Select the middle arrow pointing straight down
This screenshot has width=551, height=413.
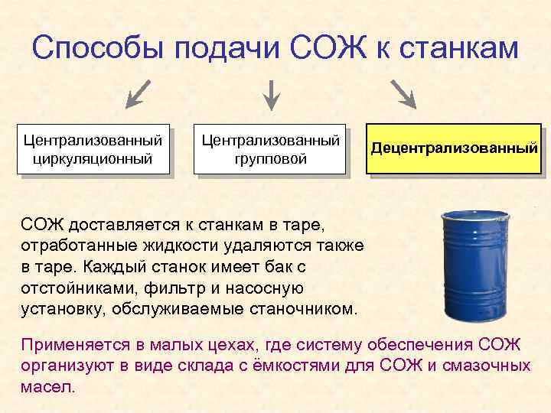pyautogui.click(x=272, y=95)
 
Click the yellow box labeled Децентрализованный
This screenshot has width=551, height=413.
pyautogui.click(x=454, y=148)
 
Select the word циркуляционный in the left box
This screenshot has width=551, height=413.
pyautogui.click(x=93, y=159)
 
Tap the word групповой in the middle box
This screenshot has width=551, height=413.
pyautogui.click(x=271, y=159)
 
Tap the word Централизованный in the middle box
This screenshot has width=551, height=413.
pyautogui.click(x=271, y=141)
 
